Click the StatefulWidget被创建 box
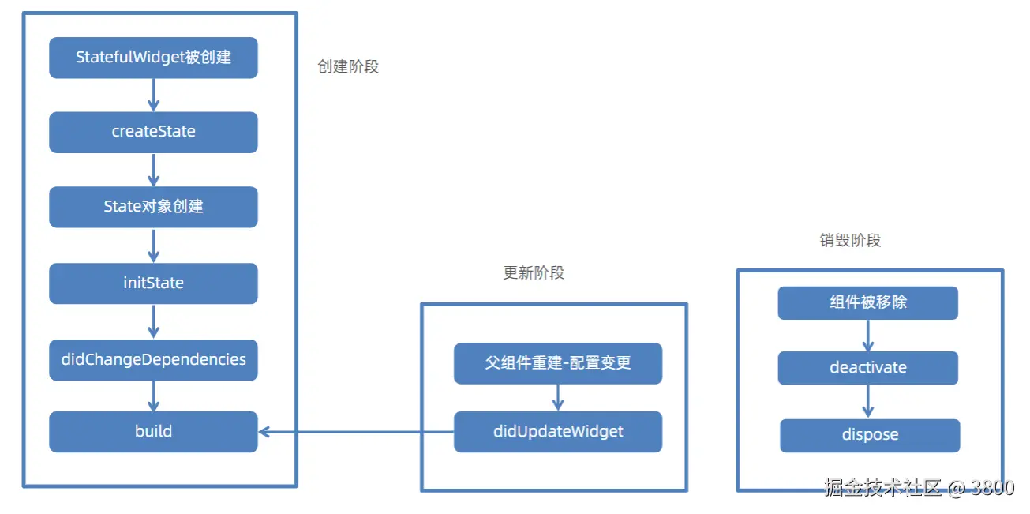[153, 58]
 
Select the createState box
[153, 132]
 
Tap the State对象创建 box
[153, 207]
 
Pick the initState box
[153, 283]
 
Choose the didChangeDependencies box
[153, 360]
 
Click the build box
[153, 432]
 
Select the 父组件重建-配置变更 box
[558, 363]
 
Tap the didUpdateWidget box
[558, 432]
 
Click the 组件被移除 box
[867, 302]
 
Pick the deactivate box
[867, 368]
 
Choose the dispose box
[870, 435]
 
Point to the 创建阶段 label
[348, 67]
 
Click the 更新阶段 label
[534, 273]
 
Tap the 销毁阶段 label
[850, 240]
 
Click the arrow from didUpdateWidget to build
[356, 432]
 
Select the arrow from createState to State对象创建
[154, 169]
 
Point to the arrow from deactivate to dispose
[868, 401]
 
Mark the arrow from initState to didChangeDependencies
[154, 321]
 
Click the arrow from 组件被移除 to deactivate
[868, 336]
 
